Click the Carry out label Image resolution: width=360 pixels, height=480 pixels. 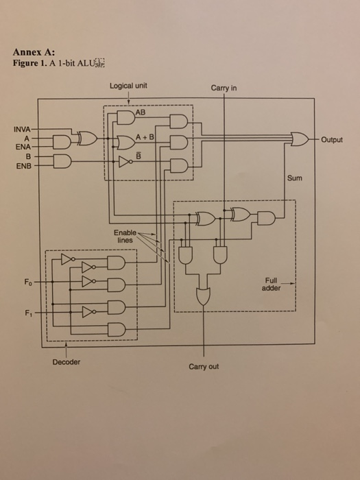(x=204, y=366)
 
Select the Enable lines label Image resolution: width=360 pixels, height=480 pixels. (x=125, y=237)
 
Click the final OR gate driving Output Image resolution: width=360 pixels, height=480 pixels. (x=300, y=139)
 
